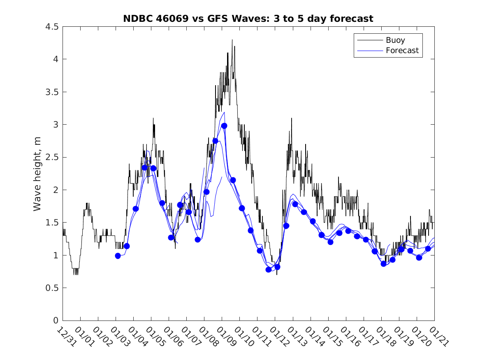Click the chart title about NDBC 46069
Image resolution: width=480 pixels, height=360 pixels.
tap(248, 19)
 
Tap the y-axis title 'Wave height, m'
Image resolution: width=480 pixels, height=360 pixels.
tap(37, 173)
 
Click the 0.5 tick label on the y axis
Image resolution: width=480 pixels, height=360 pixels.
tap(52, 288)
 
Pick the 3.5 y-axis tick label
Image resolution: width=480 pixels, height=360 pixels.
tap(52, 92)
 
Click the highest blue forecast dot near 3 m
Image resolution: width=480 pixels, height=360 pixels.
tap(224, 126)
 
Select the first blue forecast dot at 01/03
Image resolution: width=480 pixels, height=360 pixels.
tap(118, 256)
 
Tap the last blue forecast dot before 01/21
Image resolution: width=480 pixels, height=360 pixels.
tap(428, 249)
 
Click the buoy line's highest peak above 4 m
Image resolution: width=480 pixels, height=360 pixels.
tap(232, 40)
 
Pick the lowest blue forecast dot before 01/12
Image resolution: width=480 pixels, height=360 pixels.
tap(269, 269)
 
